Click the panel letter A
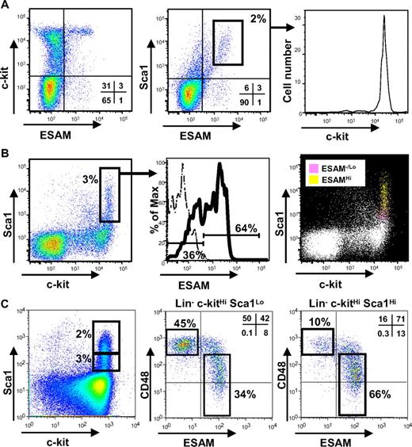coord(6,6)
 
